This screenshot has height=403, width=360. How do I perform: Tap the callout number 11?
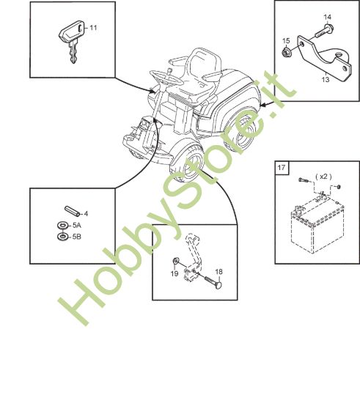(93, 28)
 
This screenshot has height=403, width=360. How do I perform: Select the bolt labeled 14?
(324, 31)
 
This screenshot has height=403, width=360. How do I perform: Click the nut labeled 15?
(285, 53)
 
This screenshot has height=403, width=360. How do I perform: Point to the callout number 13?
(326, 80)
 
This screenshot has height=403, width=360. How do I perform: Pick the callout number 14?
(327, 18)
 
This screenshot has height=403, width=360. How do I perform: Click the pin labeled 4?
(73, 211)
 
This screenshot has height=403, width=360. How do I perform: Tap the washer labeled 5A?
(62, 226)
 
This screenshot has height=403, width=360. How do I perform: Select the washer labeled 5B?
(62, 237)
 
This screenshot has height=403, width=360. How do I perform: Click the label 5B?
(77, 237)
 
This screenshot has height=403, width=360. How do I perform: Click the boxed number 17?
(282, 168)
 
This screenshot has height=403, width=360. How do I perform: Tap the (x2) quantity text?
(323, 177)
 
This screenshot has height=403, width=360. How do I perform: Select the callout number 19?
(175, 273)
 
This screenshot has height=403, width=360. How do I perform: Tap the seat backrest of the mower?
(204, 62)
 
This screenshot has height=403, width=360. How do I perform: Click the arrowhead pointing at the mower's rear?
(262, 105)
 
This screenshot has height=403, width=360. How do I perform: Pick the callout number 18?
(218, 272)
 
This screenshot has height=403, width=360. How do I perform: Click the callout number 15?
(286, 41)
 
